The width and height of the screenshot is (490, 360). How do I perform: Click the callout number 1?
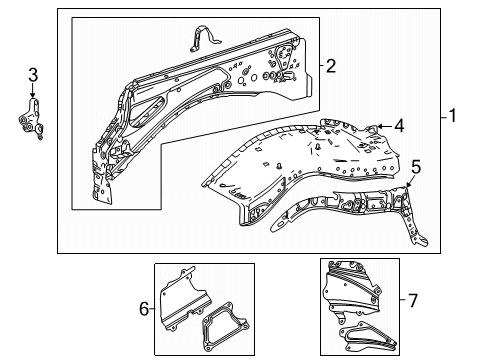pyautogui.click(x=452, y=116)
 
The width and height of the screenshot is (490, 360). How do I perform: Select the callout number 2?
pyautogui.click(x=330, y=66)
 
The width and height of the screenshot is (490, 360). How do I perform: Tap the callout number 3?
pyautogui.click(x=33, y=75)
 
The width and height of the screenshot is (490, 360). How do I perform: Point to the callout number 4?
pyautogui.click(x=399, y=126)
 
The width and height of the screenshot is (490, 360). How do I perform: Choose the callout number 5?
pyautogui.click(x=416, y=167)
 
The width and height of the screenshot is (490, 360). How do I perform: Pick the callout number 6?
pyautogui.click(x=144, y=309)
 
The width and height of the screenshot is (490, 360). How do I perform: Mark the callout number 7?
pyautogui.click(x=413, y=300)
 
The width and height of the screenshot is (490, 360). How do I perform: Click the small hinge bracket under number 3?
pyautogui.click(x=31, y=119)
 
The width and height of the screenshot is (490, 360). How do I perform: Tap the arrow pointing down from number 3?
pyautogui.click(x=33, y=90)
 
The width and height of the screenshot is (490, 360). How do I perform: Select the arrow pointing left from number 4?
pyautogui.click(x=384, y=126)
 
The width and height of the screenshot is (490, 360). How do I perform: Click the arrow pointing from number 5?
pyautogui.click(x=410, y=181)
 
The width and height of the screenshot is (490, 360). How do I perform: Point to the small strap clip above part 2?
pyautogui.click(x=205, y=38)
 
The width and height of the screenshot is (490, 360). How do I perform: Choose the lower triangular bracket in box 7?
pyautogui.click(x=367, y=337)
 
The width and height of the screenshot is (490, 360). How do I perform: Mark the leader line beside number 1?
pyautogui.click(x=444, y=117)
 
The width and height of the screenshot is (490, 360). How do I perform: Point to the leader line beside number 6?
pyautogui.click(x=152, y=309)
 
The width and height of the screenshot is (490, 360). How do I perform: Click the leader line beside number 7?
pyautogui.click(x=403, y=299)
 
